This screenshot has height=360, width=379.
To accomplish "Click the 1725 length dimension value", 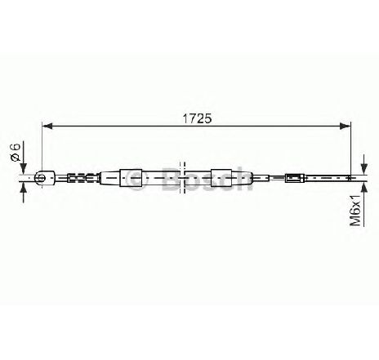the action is [197, 118].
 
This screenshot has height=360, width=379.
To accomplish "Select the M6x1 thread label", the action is [355, 210].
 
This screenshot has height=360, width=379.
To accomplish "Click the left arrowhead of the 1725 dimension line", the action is [47, 126].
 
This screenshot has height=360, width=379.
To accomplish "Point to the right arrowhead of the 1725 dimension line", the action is [346, 126].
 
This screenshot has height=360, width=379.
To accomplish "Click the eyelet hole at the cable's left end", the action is [41, 178].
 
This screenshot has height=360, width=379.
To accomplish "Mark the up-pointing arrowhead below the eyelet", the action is [24, 188].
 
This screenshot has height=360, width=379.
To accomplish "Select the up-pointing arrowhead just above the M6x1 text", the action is [363, 188].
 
